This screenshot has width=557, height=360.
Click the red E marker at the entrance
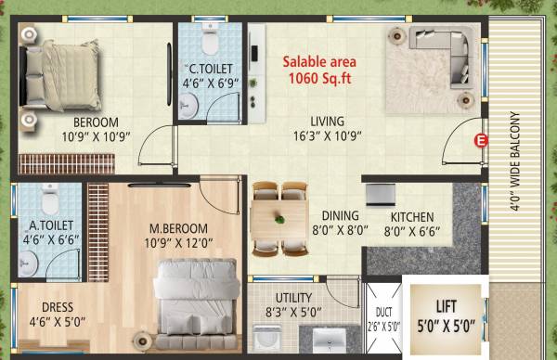(480, 141)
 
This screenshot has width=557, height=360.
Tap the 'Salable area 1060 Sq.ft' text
(320, 71)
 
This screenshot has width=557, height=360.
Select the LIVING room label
(327, 122)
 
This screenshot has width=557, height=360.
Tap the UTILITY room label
(288, 300)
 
